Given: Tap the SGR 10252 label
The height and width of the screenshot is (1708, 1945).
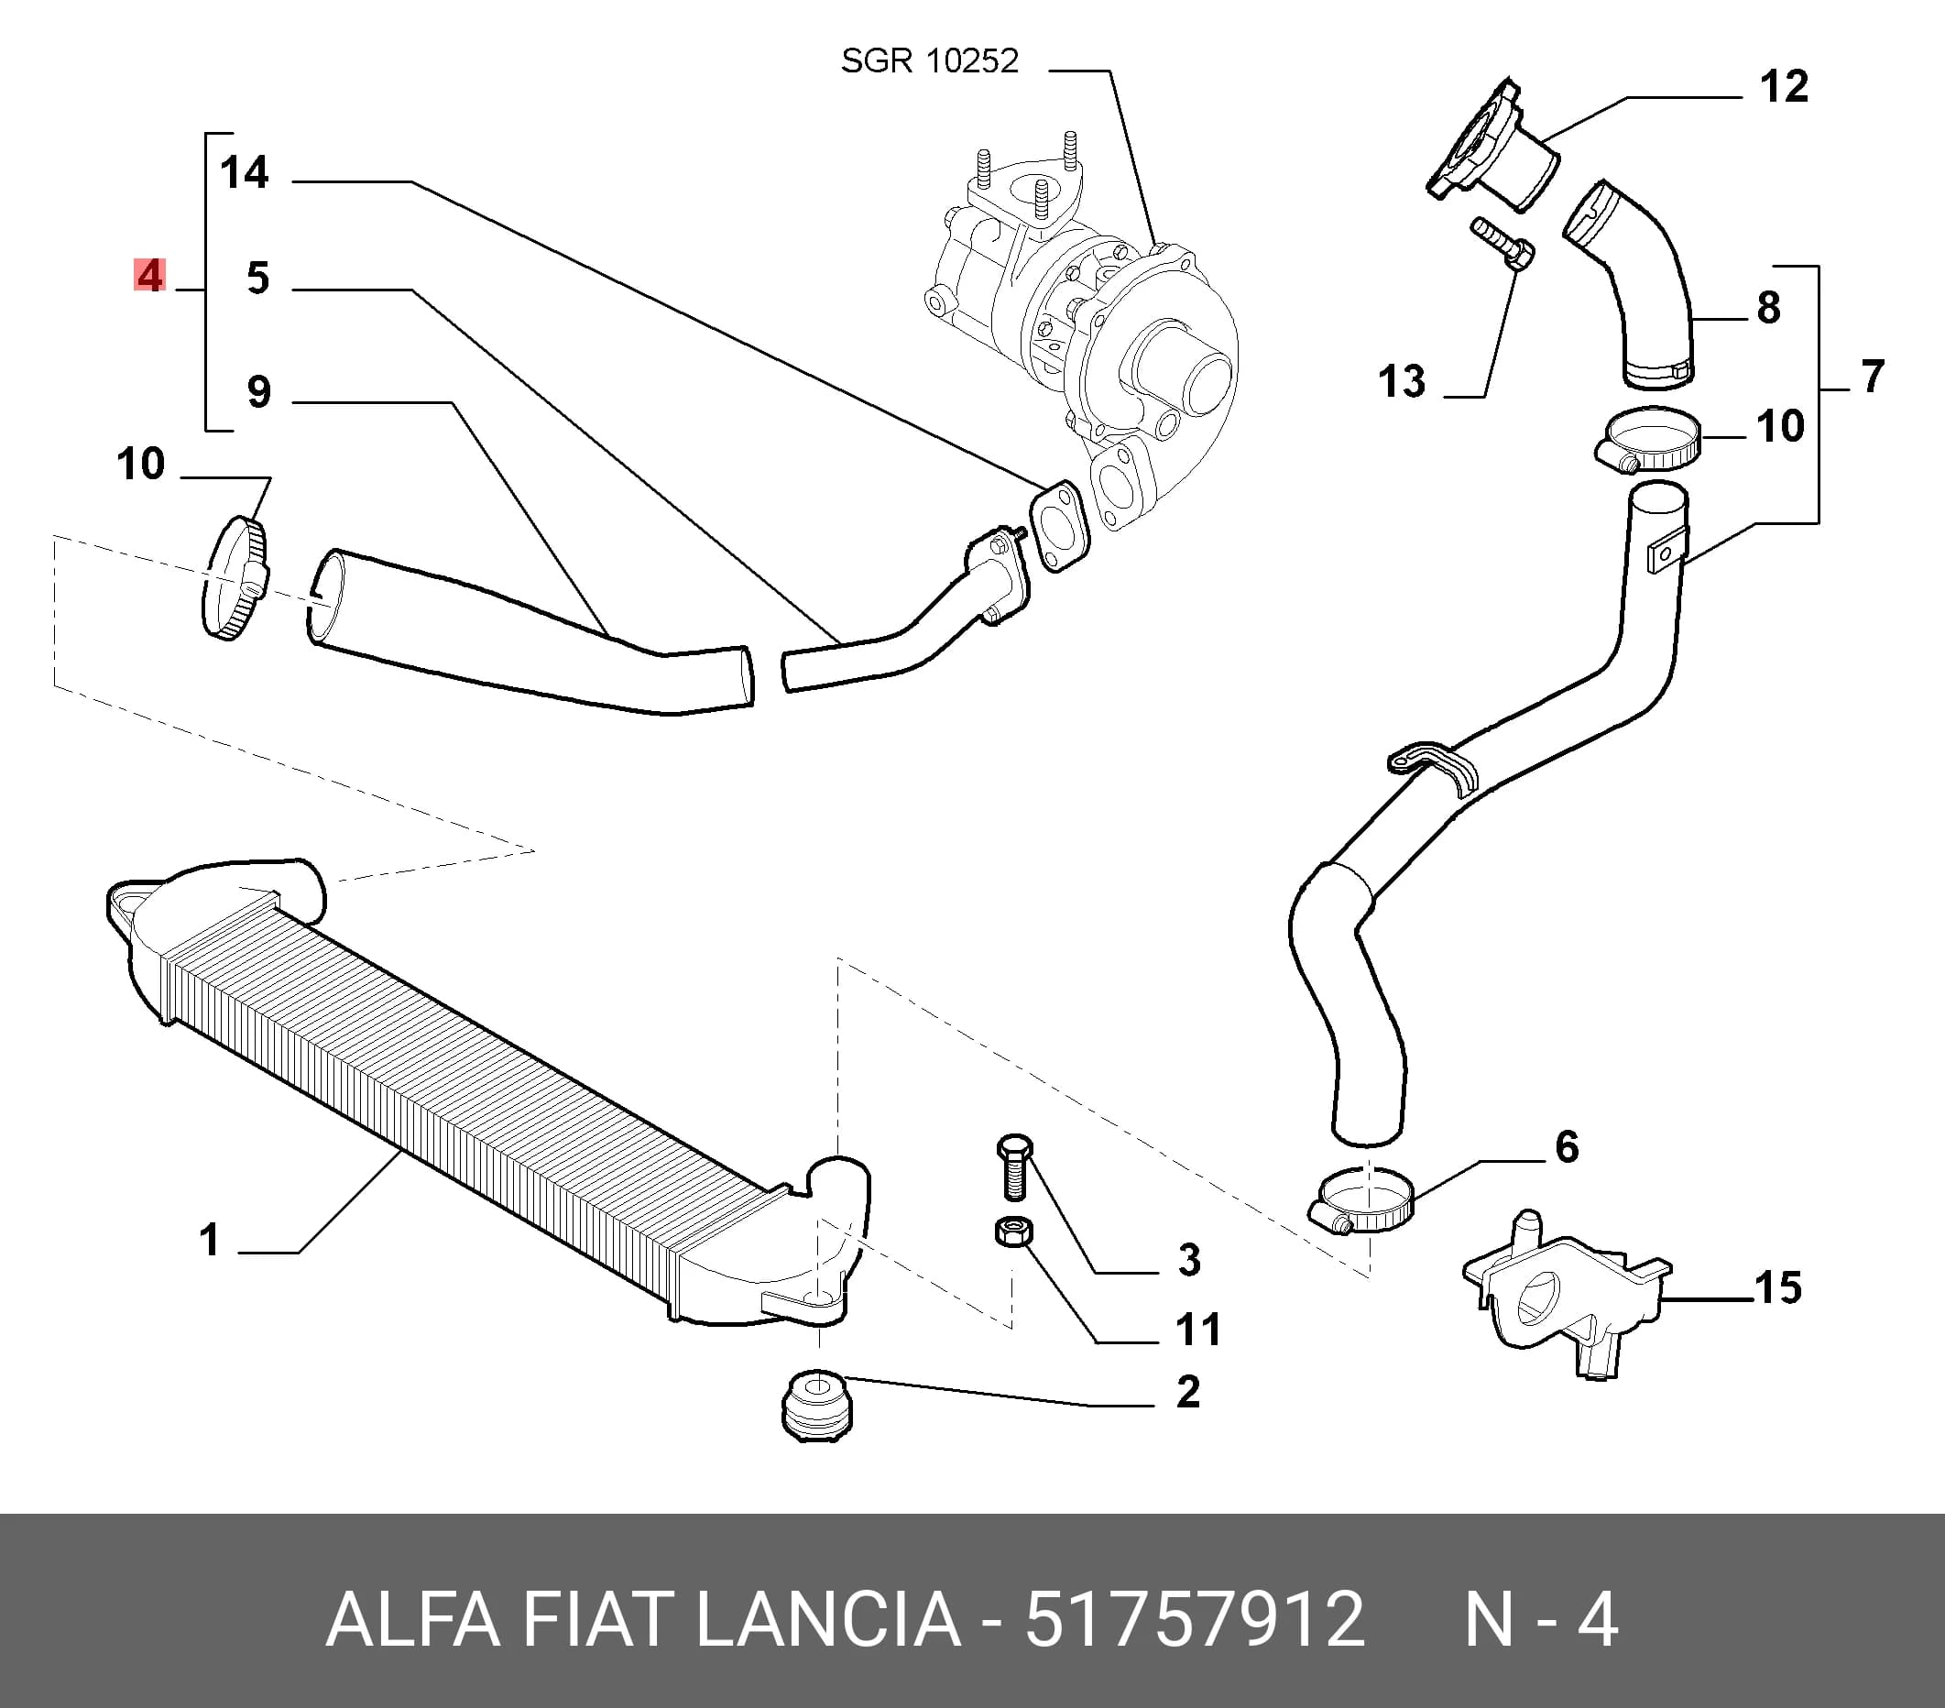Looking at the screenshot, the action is click(x=930, y=60).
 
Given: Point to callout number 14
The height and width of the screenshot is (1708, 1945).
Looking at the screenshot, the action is click(x=245, y=172).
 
